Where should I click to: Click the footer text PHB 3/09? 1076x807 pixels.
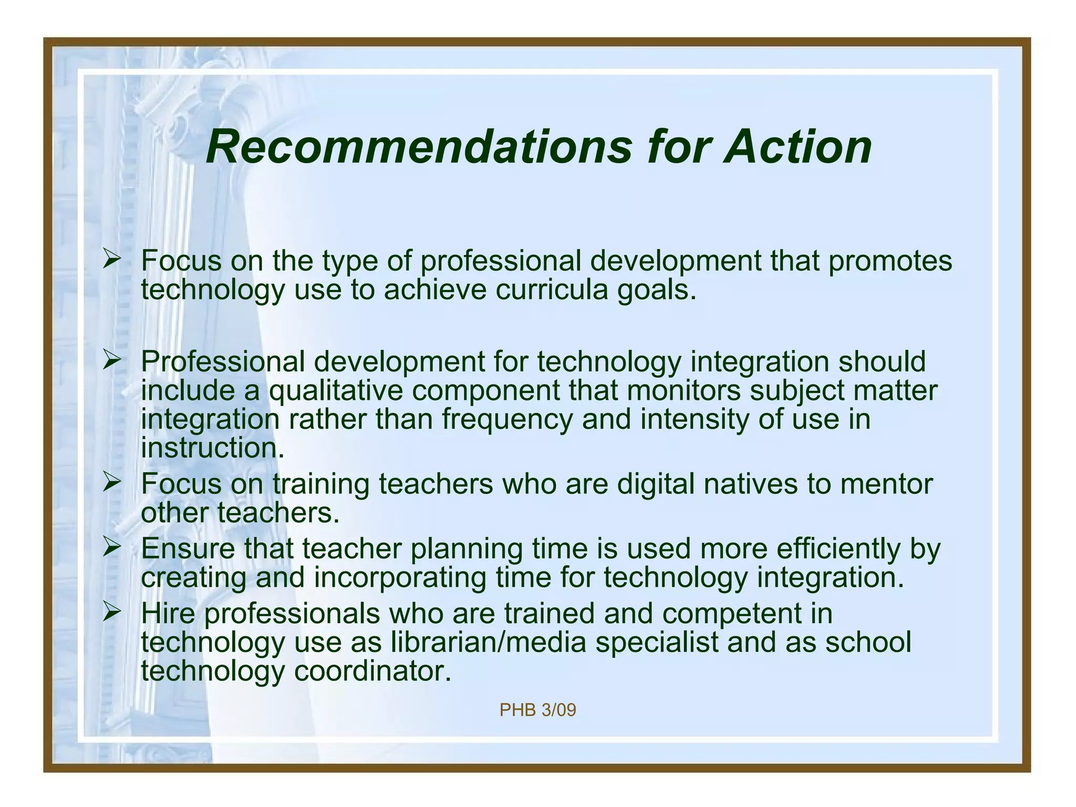537,710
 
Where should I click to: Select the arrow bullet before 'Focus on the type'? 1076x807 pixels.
112,259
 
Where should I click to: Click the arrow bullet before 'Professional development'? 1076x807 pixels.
112,360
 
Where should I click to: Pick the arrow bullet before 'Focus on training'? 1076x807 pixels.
112,482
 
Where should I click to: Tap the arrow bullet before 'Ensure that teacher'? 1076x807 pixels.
112,547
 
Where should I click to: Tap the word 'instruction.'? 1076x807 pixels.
213,448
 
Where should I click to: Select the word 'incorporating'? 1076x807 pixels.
400,578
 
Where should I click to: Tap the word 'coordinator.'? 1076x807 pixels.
373,671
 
